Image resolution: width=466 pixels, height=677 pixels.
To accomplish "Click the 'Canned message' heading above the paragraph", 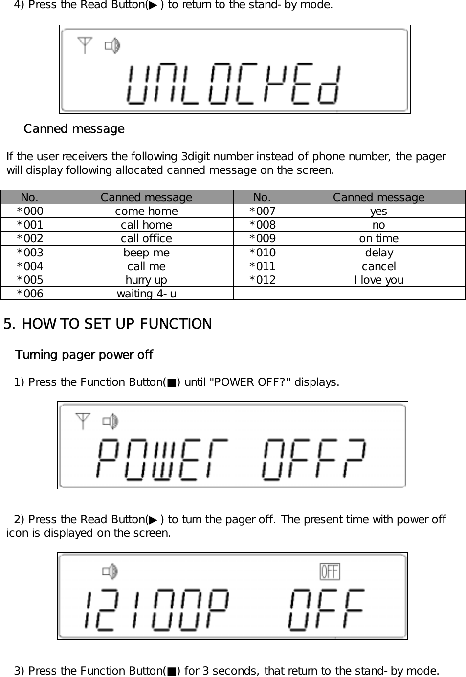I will [x=74, y=129].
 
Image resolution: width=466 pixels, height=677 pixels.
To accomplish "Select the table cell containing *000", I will [x=30, y=211].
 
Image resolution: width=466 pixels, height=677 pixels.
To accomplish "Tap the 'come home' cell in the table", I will [x=146, y=211].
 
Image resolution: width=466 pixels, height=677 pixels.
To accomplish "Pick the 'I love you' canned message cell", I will [x=378, y=280].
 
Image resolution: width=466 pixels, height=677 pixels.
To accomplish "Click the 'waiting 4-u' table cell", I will [x=146, y=294].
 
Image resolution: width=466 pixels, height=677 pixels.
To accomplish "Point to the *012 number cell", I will [x=262, y=280].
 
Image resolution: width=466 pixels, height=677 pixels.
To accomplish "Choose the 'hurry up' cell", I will [x=146, y=280].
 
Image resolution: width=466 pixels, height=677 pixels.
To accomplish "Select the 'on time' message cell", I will [x=378, y=238].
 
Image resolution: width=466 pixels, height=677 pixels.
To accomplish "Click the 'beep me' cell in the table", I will [x=146, y=253].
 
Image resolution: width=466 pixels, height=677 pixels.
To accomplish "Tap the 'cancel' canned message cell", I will [x=378, y=266].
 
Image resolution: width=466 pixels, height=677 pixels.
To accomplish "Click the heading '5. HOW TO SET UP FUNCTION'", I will [x=108, y=324].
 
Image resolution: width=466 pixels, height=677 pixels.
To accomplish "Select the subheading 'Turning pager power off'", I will [x=84, y=355].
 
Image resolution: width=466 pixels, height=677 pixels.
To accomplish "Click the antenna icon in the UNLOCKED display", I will [x=85, y=45].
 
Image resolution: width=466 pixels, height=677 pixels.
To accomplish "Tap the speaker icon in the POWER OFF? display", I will [x=111, y=421].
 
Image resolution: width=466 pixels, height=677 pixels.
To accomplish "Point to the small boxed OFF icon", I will [x=330, y=571].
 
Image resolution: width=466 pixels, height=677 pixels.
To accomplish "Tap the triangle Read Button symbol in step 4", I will [x=154, y=5].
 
